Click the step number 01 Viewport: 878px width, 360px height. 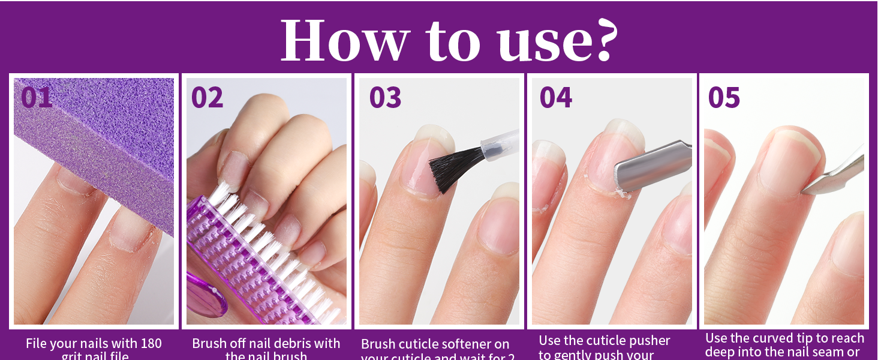pyautogui.click(x=37, y=97)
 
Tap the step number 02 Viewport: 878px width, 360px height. pyautogui.click(x=208, y=97)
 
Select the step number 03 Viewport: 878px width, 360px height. pyautogui.click(x=385, y=97)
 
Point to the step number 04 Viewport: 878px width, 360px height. pyautogui.click(x=556, y=97)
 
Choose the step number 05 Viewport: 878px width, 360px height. pyautogui.click(x=724, y=97)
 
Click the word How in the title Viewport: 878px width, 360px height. pyautogui.click(x=344, y=41)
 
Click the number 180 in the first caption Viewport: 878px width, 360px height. pyautogui.click(x=150, y=344)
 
